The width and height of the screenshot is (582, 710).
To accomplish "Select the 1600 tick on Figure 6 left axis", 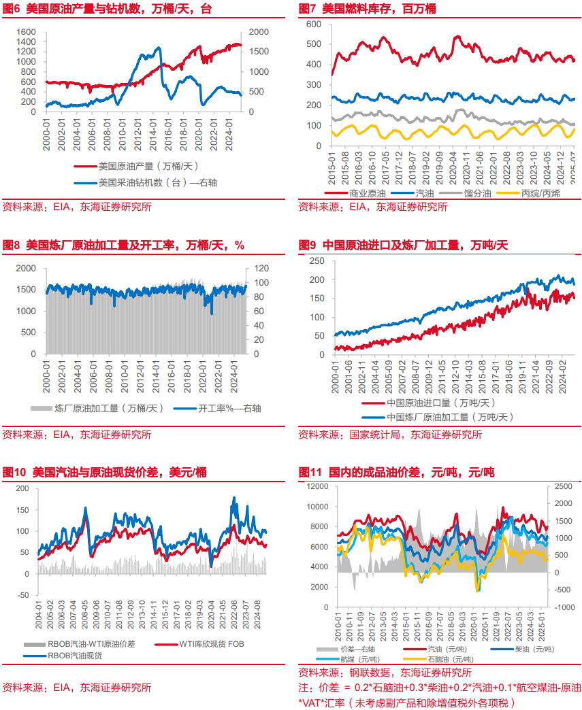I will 25,32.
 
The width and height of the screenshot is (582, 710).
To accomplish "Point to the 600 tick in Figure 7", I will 314,24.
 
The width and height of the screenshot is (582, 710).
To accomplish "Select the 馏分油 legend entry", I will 479,194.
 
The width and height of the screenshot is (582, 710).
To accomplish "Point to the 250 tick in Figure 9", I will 316,261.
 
